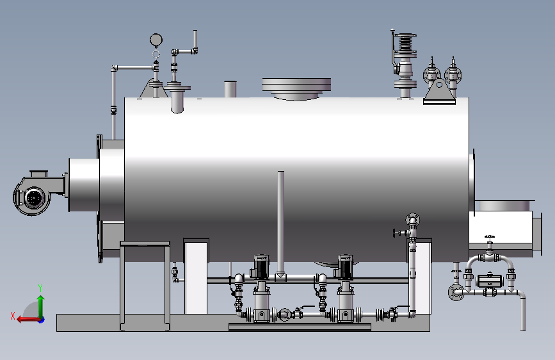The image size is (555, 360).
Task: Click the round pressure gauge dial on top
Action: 156,40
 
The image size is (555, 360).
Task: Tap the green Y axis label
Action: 40,288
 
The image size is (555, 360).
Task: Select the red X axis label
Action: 13,316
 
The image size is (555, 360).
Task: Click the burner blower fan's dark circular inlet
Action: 34,198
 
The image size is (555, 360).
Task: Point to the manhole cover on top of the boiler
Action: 296,88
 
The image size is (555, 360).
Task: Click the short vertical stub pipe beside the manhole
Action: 230,89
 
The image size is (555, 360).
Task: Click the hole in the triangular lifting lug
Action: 439,85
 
